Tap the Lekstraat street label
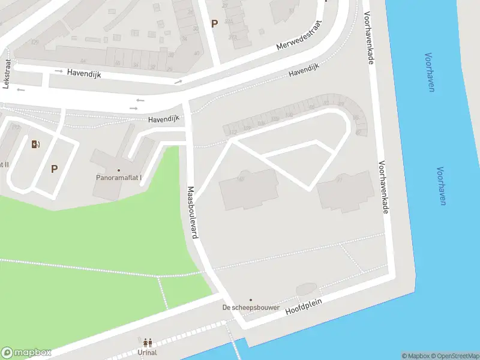click(7, 77)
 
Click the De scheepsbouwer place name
click(251, 308)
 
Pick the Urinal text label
click(147, 353)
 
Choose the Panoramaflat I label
click(119, 178)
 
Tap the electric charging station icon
click(35, 143)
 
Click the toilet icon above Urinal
click(147, 343)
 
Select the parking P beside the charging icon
click(54, 169)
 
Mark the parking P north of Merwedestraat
click(214, 23)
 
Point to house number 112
click(233, 131)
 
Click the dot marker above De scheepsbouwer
click(251, 300)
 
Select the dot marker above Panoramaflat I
click(119, 170)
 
